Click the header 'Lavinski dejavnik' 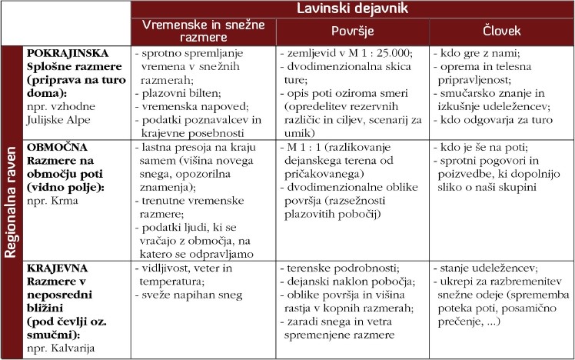(x=353, y=9)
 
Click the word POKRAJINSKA (x=65, y=55)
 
